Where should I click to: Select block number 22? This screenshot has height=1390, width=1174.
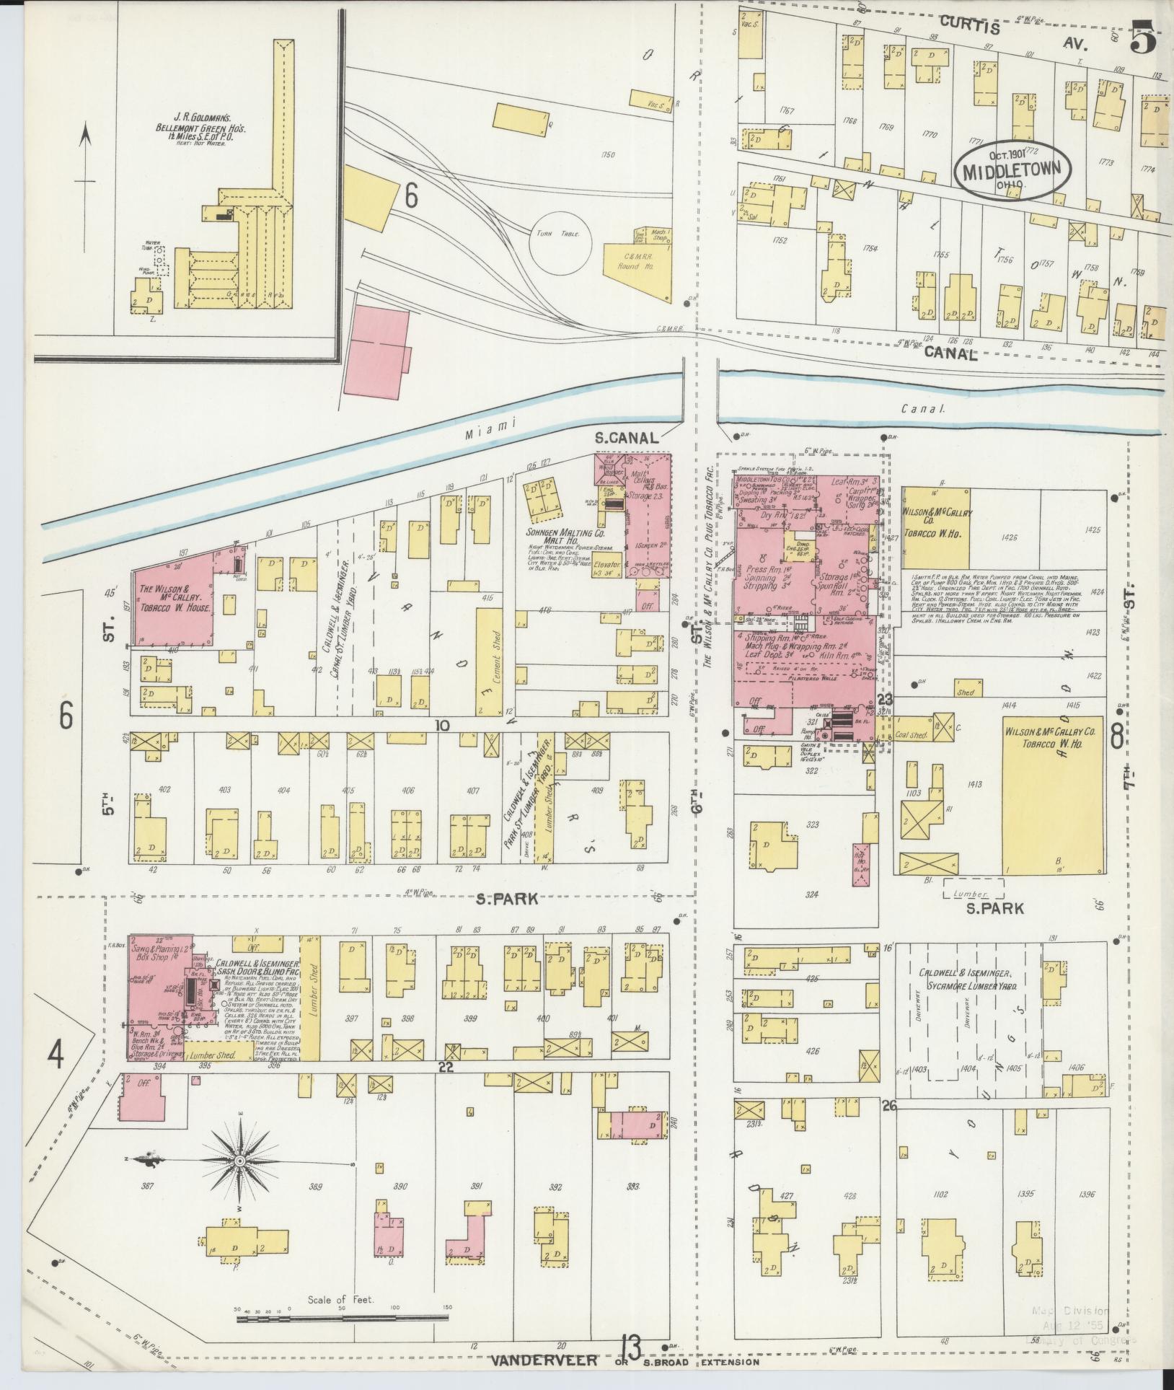pyautogui.click(x=446, y=1068)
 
